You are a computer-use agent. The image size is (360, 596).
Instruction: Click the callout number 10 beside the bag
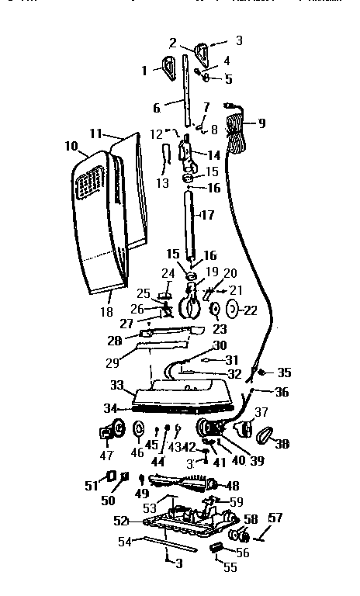[71, 145]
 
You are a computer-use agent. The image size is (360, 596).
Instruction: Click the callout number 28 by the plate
[116, 341]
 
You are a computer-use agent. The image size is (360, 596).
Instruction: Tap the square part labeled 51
[111, 476]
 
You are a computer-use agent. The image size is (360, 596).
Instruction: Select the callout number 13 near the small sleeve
[161, 183]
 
